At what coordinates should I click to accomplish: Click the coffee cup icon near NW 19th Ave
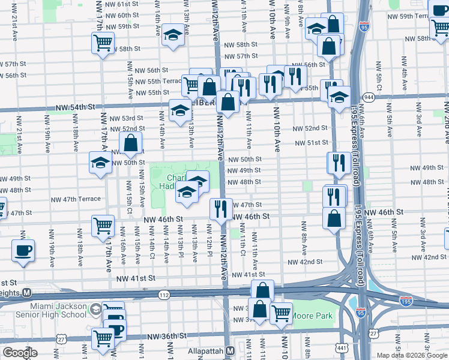(23, 251)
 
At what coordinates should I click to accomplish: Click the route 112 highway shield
(164, 295)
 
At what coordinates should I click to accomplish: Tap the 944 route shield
(368, 96)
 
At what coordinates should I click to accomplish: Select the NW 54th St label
(75, 107)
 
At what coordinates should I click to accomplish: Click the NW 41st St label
(136, 278)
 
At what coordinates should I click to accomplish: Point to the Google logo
(19, 353)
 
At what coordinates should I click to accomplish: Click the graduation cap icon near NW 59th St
(173, 34)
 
